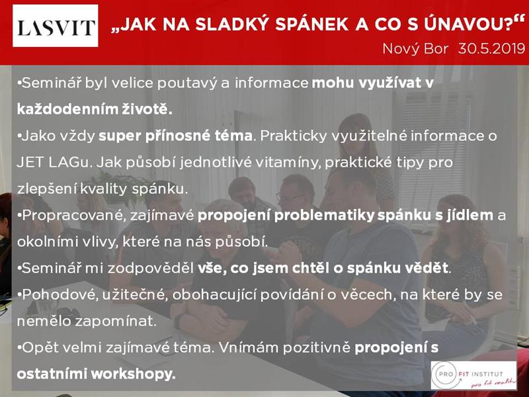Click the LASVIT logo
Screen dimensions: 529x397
(x=56, y=26)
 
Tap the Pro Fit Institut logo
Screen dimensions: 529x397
(x=473, y=375)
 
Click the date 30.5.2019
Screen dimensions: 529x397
(x=491, y=49)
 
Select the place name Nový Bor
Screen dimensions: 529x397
(x=415, y=49)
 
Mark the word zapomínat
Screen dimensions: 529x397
(x=115, y=322)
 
